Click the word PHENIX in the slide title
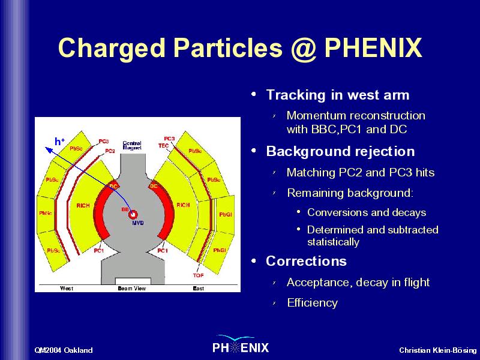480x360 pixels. (373, 48)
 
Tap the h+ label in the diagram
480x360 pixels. (59, 142)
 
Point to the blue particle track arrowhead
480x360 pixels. (49, 149)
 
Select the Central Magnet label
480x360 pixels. (132, 145)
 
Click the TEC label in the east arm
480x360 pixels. (163, 146)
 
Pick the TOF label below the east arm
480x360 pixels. (199, 275)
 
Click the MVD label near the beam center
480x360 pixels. (138, 223)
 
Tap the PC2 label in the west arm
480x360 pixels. (110, 151)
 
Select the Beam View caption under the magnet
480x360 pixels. (132, 289)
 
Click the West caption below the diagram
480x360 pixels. (67, 289)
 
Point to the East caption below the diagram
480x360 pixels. (199, 289)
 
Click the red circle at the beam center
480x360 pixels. (133, 215)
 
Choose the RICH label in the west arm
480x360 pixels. (83, 205)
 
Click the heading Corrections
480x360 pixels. (306, 261)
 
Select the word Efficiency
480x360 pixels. (312, 303)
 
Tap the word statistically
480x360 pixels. (333, 242)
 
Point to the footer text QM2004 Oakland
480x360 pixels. (64, 350)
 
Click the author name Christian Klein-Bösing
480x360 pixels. (438, 350)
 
